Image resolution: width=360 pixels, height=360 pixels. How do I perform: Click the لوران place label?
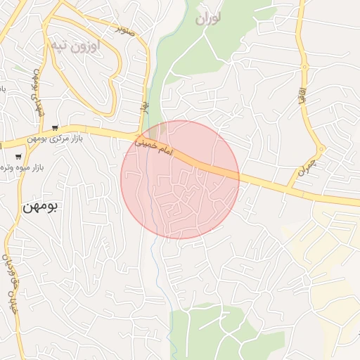(208, 18)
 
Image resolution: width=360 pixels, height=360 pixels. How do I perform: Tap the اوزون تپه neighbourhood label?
(75, 46)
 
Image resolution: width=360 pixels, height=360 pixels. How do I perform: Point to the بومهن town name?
(41, 206)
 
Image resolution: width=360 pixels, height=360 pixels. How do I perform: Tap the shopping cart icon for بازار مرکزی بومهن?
(55, 128)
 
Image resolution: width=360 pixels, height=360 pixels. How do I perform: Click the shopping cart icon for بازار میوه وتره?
(18, 156)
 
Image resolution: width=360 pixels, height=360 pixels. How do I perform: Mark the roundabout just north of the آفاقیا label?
(304, 67)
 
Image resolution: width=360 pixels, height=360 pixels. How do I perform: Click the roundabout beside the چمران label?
(321, 149)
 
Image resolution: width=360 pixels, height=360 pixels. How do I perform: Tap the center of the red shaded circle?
(180, 180)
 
